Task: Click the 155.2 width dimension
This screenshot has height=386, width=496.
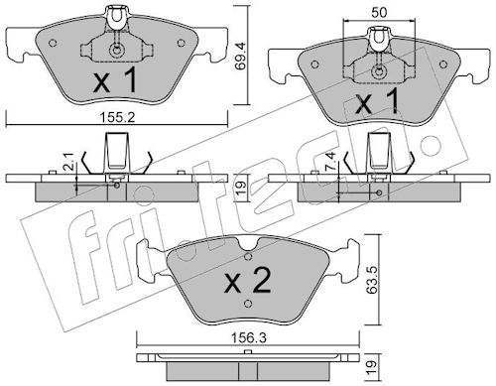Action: pyautogui.click(x=118, y=117)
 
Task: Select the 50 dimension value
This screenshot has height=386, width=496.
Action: pyautogui.click(x=379, y=13)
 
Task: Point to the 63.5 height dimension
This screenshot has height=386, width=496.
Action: pyautogui.click(x=372, y=280)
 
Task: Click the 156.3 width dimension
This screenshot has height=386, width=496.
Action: pyautogui.click(x=249, y=338)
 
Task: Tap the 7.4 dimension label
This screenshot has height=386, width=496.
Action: pyautogui.click(x=332, y=161)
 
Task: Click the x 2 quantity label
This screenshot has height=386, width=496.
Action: pyautogui.click(x=248, y=281)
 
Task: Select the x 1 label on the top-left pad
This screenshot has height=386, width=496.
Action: pyautogui.click(x=115, y=79)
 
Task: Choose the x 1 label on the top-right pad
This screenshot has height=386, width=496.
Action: pyautogui.click(x=378, y=103)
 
